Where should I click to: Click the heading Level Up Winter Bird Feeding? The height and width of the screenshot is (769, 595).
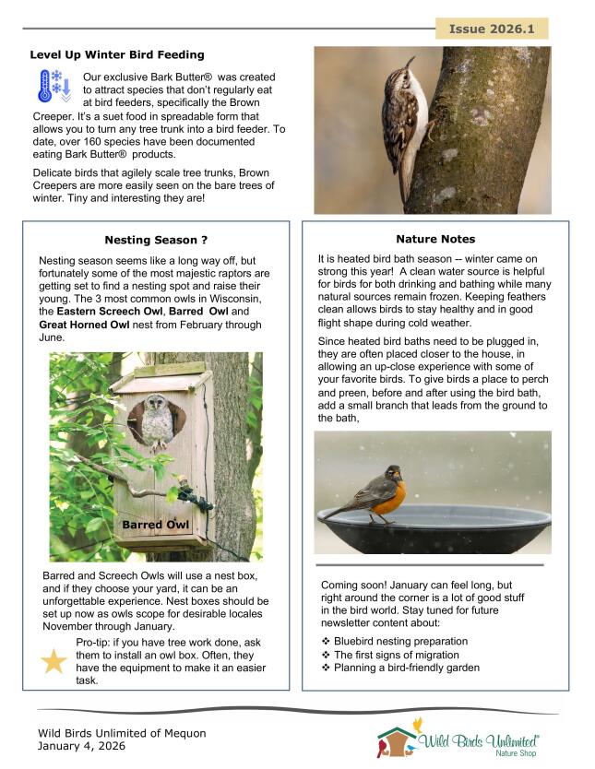117,55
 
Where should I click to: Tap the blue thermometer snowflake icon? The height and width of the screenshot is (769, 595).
53,84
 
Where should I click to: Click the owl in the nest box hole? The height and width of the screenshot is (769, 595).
157,420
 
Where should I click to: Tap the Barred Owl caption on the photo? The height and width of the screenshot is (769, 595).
156,525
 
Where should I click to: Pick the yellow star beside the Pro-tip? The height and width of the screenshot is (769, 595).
54,660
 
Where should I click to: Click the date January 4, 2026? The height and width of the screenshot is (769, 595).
81,746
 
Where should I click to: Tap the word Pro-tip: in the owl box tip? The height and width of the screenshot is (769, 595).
97,642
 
